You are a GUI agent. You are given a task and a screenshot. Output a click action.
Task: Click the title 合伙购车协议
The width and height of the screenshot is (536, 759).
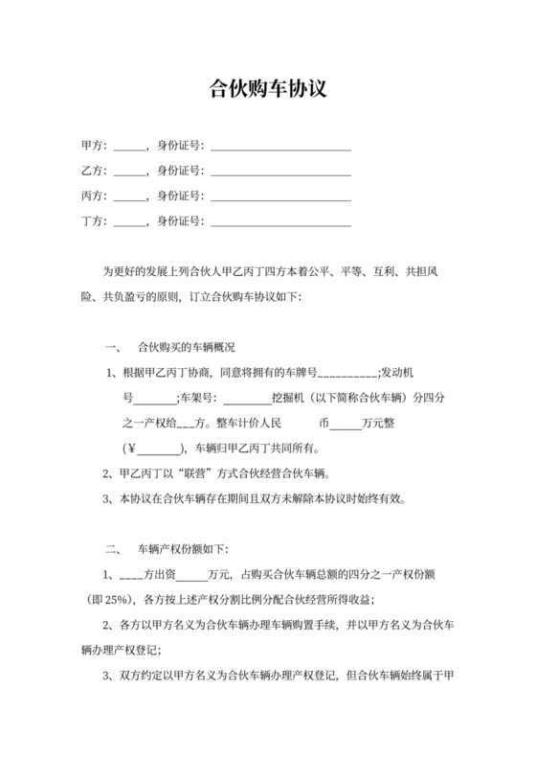268,90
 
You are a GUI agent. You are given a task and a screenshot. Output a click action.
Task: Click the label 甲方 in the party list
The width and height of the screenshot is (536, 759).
92,147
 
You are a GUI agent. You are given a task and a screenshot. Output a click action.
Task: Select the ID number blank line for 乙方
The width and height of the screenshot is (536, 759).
280,172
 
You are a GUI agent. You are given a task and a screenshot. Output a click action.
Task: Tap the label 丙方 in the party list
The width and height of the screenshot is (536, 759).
92,196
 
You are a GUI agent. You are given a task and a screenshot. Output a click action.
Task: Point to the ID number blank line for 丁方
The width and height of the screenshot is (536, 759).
280,223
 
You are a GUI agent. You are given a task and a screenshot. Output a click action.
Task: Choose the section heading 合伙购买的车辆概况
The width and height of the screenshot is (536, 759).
187,346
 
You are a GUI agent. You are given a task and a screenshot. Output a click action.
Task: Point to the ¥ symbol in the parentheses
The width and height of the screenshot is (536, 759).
132,448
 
